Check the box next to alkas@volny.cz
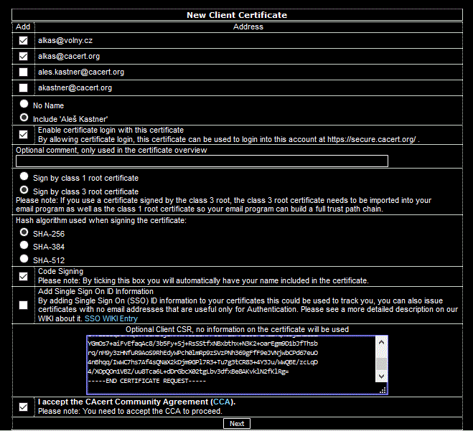click(24, 41)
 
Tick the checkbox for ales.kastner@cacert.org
click(24, 72)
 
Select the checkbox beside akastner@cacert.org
click(24, 88)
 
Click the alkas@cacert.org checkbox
click(24, 57)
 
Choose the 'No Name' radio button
click(24, 104)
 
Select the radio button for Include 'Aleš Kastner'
click(24, 117)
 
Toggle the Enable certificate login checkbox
click(24, 134)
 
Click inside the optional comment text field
click(202, 161)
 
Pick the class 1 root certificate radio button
click(24, 176)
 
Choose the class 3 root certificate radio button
click(24, 190)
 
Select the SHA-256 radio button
click(24, 232)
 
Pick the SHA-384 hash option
click(24, 245)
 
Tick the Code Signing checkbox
click(24, 276)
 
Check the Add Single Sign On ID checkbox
click(24, 305)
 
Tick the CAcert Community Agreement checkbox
click(24, 407)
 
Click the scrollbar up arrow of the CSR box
click(383, 342)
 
